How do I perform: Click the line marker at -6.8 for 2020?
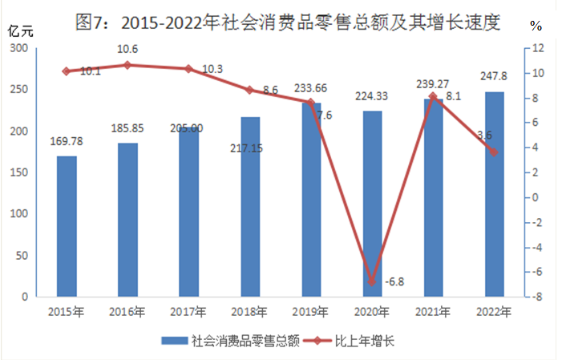(372, 281)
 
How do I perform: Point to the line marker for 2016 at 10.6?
(127, 65)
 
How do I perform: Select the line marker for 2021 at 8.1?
(433, 96)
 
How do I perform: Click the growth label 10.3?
(212, 71)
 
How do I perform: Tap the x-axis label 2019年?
(311, 312)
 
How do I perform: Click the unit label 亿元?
(18, 31)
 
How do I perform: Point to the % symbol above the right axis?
(535, 25)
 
